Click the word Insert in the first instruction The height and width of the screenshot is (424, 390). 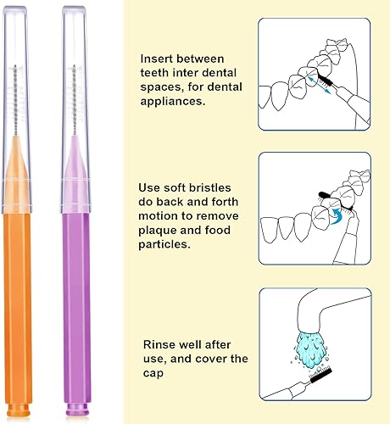pos(159,59)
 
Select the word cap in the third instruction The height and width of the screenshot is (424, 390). pos(153,372)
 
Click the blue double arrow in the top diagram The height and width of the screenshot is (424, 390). pos(319,81)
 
